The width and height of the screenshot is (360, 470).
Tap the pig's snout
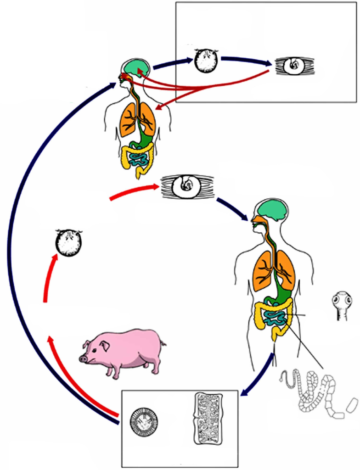point(84,358)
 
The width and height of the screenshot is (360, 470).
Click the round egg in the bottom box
point(144,420)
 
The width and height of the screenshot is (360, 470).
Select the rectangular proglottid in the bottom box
point(208,419)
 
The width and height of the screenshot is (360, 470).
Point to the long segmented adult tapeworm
point(317,392)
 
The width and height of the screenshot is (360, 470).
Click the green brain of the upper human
point(135,68)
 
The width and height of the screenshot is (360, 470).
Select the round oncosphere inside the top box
point(206,61)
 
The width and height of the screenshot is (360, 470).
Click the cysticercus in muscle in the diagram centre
point(187,186)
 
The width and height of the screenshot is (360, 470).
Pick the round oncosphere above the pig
point(68,242)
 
